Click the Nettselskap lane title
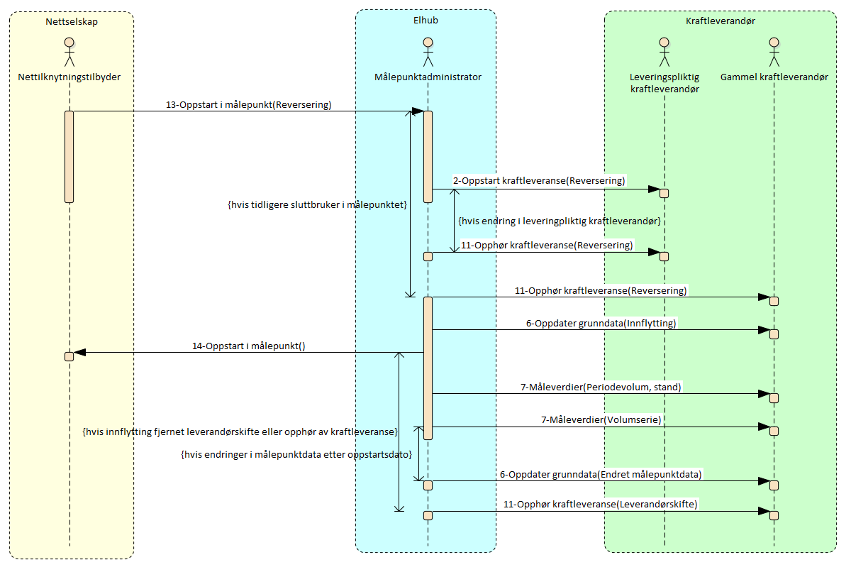click(x=71, y=21)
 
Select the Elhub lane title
click(x=425, y=20)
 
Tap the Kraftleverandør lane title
click(x=720, y=21)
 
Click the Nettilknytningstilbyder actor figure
click(x=69, y=51)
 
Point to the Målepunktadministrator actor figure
click(x=428, y=51)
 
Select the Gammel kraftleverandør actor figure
click(x=774, y=51)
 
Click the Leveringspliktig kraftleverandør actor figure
click(x=664, y=51)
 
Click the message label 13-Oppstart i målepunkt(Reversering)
click(x=248, y=105)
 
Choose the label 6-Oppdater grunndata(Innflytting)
click(x=601, y=324)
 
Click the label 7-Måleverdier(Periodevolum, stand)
click(x=601, y=387)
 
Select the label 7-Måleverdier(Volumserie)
click(x=601, y=420)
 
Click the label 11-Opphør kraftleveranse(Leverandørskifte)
click(x=601, y=505)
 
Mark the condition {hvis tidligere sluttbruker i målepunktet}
click(x=316, y=205)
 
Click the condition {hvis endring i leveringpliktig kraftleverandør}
click(x=560, y=221)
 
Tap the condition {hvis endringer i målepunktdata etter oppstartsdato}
click(x=296, y=454)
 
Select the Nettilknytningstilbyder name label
click(x=69, y=77)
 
